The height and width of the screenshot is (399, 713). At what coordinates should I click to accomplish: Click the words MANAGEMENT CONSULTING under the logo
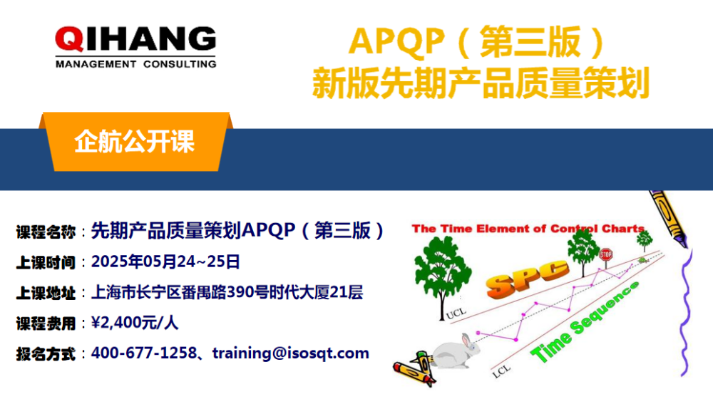click(135, 64)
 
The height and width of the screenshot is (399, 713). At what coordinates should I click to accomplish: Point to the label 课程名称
click(46, 232)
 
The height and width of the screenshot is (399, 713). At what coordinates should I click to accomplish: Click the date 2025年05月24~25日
click(165, 261)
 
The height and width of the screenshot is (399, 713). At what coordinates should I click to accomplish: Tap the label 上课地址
click(46, 293)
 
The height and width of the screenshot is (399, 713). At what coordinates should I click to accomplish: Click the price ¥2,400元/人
click(135, 323)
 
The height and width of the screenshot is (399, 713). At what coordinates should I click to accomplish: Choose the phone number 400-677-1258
click(143, 353)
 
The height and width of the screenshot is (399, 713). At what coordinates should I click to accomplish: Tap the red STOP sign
click(606, 254)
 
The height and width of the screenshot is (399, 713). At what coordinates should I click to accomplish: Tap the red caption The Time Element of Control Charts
click(528, 229)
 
